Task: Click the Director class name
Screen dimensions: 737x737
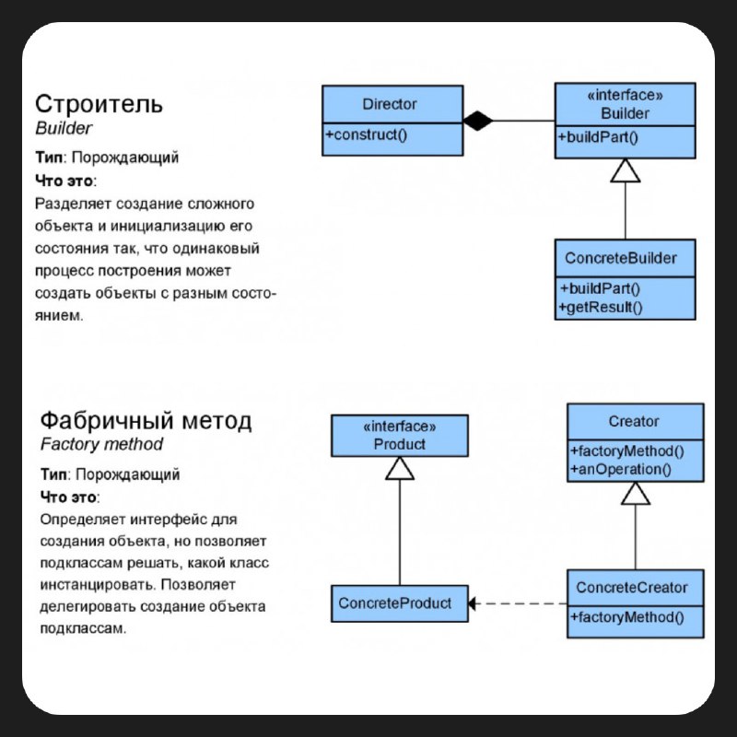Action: pos(389,104)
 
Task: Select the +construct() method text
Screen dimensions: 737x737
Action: pos(366,135)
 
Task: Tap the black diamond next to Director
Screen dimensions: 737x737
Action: pos(478,121)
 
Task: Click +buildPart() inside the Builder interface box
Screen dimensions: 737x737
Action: pos(598,137)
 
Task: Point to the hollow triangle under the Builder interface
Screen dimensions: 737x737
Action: pos(626,170)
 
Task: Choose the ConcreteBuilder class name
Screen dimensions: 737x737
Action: pos(620,258)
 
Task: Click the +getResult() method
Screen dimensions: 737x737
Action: pos(601,308)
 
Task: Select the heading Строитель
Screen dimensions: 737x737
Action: pos(99,104)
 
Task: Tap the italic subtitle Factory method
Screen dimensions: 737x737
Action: pos(101,444)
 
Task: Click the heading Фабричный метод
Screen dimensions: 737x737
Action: pos(146,420)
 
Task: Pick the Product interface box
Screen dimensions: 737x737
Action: pos(400,436)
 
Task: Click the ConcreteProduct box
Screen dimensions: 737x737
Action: pos(400,603)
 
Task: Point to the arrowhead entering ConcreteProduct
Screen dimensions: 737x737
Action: pos(472,603)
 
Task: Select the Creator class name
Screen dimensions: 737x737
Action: pos(633,422)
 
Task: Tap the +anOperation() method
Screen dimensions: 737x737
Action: pos(621,470)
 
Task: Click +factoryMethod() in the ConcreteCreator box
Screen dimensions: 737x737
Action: pos(627,617)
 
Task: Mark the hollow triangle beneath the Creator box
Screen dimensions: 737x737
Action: pos(636,493)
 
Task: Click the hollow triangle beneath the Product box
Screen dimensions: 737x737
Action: pos(400,468)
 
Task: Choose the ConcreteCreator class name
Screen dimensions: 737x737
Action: pos(632,588)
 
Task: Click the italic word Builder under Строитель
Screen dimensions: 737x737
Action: pos(64,128)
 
